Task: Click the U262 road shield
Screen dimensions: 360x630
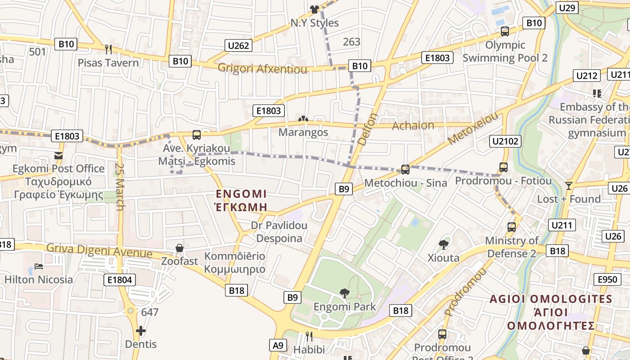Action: pos(238,45)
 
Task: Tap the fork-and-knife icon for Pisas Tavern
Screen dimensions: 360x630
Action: pos(108,49)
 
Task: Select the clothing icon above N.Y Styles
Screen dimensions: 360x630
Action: pos(315,9)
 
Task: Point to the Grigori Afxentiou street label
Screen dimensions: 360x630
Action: pos(262,69)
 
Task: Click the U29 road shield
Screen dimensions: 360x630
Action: pos(567,8)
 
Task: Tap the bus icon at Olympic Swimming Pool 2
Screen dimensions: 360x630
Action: pos(505,31)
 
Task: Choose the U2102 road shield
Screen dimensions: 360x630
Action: pos(505,141)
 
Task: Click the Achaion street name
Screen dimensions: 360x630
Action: pos(413,126)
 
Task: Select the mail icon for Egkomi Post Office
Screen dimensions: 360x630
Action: pos(58,156)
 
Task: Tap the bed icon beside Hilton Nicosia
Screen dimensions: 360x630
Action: pos(39,266)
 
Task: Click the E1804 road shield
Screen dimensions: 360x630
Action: pos(120,280)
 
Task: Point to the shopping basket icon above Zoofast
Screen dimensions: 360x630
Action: pos(180,248)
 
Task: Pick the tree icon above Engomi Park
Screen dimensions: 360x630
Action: pos(345,293)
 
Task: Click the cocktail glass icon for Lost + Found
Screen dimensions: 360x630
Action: pos(569,185)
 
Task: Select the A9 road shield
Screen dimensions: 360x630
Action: pos(278,345)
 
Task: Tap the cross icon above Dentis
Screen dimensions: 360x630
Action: pos(141,331)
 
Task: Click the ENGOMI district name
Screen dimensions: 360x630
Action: pos(242,194)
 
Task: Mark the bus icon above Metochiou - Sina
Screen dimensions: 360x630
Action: pos(405,170)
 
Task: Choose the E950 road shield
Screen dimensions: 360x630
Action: pos(607,279)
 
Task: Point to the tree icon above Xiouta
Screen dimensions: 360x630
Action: pos(444,245)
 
